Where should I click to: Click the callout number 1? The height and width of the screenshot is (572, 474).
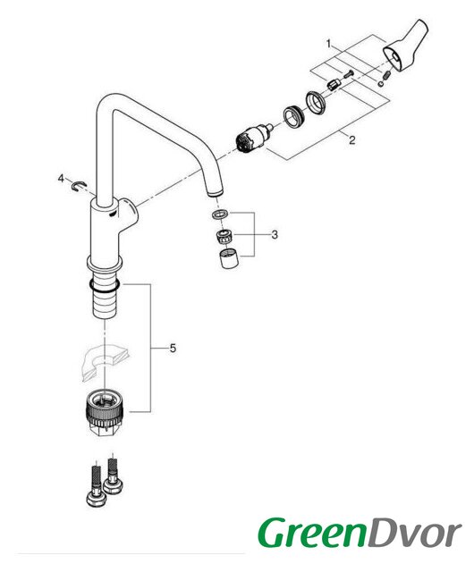click(x=328, y=44)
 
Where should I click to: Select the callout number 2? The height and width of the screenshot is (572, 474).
click(x=351, y=140)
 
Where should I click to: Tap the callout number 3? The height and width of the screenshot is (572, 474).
click(x=275, y=234)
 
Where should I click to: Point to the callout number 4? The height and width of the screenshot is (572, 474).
click(x=61, y=179)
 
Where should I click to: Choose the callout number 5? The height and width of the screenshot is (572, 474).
click(x=173, y=349)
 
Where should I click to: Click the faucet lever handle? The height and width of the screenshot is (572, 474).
click(x=405, y=45)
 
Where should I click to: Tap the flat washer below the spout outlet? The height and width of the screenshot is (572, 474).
click(x=220, y=214)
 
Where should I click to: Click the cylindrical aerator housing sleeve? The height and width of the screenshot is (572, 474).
click(x=229, y=258)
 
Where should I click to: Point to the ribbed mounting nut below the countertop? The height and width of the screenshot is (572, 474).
click(x=105, y=411)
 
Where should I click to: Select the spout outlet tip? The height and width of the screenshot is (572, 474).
click(x=215, y=193)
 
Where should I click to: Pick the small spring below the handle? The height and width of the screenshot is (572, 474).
click(x=387, y=76)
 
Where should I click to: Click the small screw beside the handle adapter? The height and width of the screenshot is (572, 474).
click(x=349, y=74)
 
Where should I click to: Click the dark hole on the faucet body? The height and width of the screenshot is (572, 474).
click(x=112, y=214)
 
